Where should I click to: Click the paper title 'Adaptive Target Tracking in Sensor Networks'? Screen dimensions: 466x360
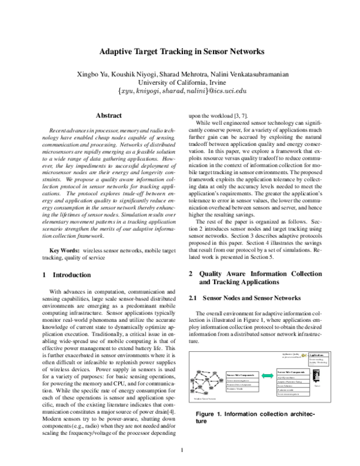click(x=181, y=52)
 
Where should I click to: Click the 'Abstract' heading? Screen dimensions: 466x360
click(x=109, y=115)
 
